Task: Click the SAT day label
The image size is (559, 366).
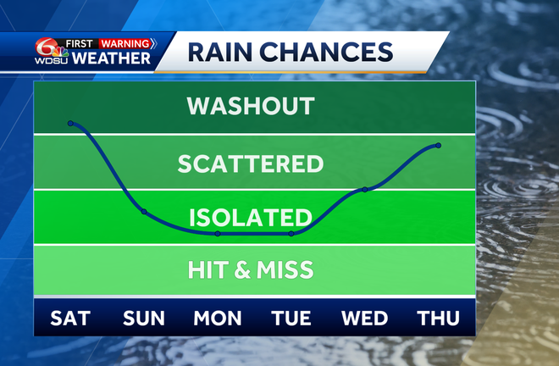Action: [x=70, y=319]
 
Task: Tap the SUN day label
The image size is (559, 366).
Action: [x=144, y=319]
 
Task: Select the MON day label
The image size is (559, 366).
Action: [x=218, y=319]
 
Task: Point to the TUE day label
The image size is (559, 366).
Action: [x=291, y=319]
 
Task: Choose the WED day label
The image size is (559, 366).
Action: [x=365, y=319]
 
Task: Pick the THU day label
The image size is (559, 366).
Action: [x=439, y=319]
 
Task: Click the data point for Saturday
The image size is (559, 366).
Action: [x=70, y=124]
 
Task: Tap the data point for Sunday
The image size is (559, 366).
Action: [x=144, y=212]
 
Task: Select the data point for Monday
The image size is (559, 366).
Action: [x=218, y=233]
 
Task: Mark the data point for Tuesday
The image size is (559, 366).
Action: [x=291, y=233]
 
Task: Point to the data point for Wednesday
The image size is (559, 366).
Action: [x=365, y=189]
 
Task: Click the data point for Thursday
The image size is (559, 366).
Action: [x=439, y=146]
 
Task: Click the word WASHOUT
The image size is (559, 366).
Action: [x=251, y=107]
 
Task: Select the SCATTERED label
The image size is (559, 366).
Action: [x=251, y=163]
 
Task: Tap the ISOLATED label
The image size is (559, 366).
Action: [x=251, y=217]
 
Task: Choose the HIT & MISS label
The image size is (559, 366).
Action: [x=251, y=270]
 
